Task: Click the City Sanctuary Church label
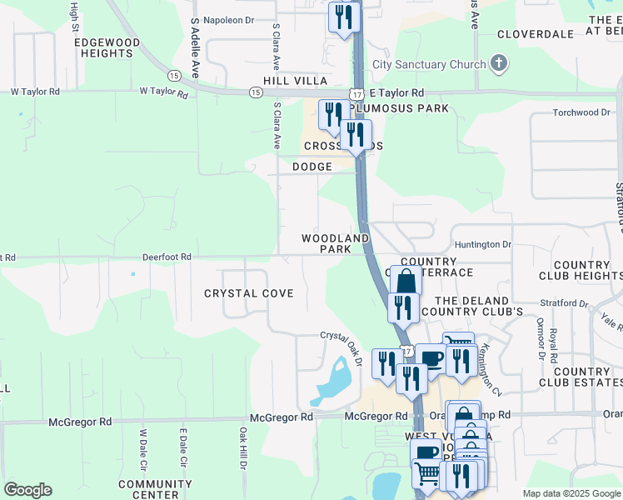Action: (x=429, y=65)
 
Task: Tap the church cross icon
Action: (x=499, y=63)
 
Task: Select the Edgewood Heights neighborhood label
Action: (x=106, y=47)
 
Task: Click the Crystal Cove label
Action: (x=249, y=293)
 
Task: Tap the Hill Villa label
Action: (x=294, y=80)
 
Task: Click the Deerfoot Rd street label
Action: (x=167, y=257)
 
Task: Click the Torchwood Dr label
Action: (x=577, y=112)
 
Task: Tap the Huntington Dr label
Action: (x=483, y=244)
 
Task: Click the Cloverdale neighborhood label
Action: (x=536, y=34)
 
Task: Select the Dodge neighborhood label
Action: (x=312, y=167)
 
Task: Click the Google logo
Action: (x=27, y=490)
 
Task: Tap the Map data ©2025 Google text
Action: (x=571, y=493)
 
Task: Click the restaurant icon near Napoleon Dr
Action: (x=342, y=17)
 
